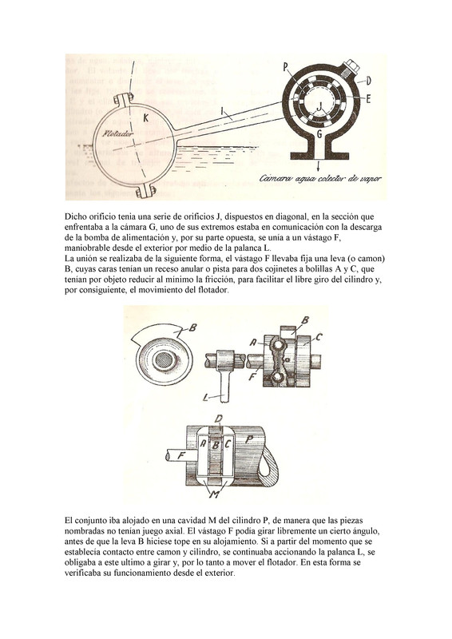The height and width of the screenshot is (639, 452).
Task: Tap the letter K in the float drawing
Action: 145,118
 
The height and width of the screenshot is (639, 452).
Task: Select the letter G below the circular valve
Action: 319,133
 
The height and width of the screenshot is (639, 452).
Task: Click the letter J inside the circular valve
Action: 320,106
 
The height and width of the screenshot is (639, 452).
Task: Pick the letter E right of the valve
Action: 367,98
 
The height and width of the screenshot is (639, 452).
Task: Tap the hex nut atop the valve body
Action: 350,67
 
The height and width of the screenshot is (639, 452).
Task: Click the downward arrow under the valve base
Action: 319,165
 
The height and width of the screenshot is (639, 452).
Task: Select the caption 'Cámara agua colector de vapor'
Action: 320,178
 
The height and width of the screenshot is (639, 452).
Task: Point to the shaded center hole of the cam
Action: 165,360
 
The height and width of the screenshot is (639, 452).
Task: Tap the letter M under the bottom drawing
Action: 215,494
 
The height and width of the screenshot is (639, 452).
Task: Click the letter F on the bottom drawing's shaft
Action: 181,455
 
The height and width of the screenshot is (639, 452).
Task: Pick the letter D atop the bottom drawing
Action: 219,419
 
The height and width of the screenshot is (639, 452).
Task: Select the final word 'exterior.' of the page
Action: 222,573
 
